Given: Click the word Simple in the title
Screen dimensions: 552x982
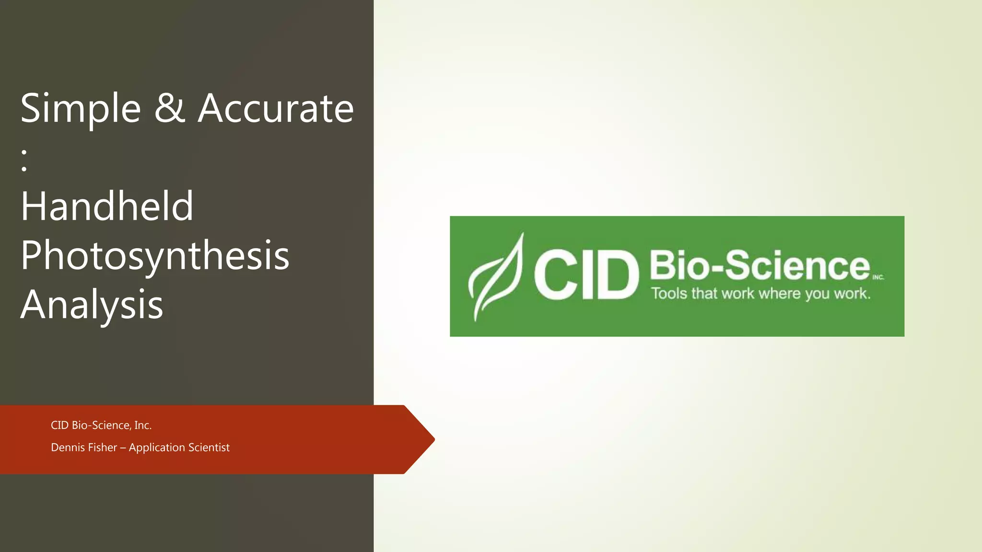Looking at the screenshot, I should click(81, 109).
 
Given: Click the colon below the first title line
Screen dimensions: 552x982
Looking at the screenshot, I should click(24, 160).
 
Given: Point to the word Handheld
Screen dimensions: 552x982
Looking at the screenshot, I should click(107, 207).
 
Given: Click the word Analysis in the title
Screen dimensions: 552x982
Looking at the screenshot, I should click(92, 305).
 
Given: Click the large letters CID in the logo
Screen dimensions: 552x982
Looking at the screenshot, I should click(586, 276).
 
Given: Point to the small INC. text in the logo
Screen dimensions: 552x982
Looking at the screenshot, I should click(878, 277).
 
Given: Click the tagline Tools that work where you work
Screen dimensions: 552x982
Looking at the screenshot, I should click(760, 293).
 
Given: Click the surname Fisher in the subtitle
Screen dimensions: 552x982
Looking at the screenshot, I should click(102, 448).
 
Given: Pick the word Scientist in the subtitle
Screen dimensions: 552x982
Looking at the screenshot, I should click(209, 448).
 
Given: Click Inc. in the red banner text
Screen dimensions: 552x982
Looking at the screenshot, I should click(143, 425).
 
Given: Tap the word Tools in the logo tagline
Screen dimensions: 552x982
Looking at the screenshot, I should click(669, 293).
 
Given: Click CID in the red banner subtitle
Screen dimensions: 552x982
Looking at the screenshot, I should click(59, 425).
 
